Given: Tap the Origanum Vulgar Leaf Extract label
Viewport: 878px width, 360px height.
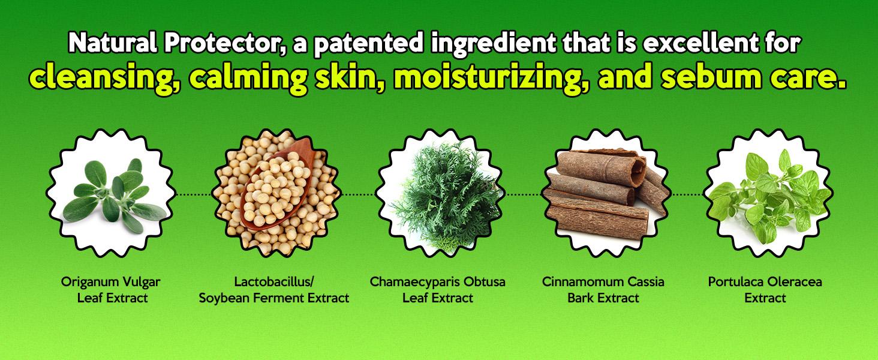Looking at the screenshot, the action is pyautogui.click(x=112, y=290).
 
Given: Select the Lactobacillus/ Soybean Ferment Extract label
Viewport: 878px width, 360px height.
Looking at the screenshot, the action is pyautogui.click(x=274, y=290).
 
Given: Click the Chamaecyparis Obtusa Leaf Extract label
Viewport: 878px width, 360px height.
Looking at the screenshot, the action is pyautogui.click(x=438, y=290).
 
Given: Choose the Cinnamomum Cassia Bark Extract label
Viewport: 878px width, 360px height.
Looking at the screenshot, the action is pyautogui.click(x=603, y=290).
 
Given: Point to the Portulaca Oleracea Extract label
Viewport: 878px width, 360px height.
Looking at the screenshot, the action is pyautogui.click(x=765, y=290).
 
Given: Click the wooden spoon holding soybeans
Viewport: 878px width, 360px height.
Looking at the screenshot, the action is pyautogui.click(x=276, y=184).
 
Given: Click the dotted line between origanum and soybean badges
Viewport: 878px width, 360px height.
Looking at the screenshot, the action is pyautogui.click(x=194, y=194).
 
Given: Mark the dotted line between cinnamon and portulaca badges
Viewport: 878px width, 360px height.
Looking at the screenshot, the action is pyautogui.click(x=687, y=194).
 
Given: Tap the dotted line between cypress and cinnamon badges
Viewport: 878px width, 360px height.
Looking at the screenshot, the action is pyautogui.click(x=522, y=194).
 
